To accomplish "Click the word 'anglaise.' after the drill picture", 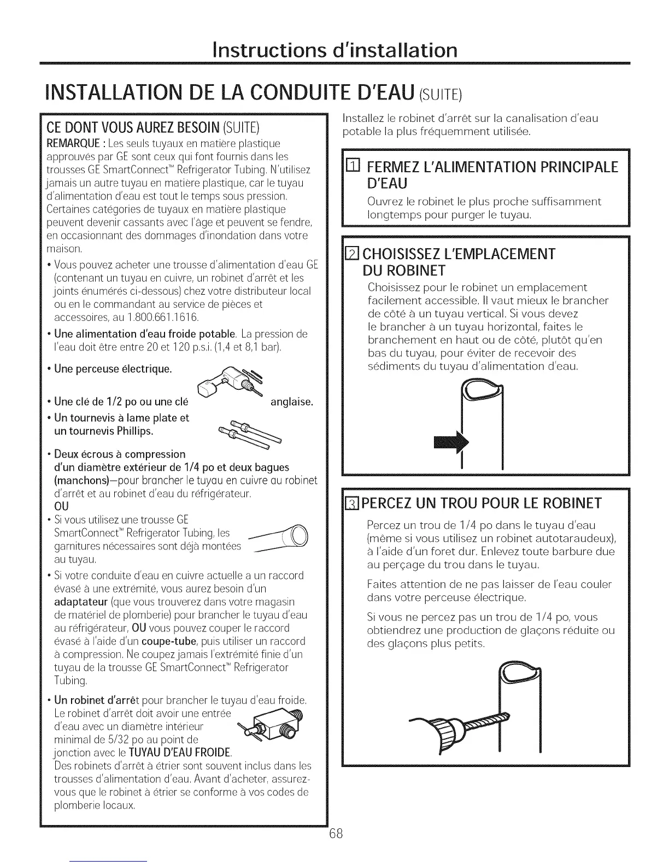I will pos(292,402).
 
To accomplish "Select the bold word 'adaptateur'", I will pos(80,602).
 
